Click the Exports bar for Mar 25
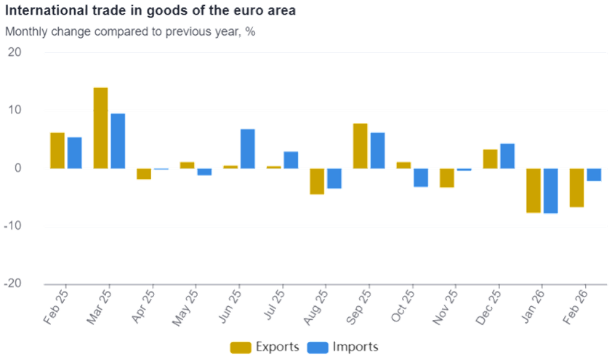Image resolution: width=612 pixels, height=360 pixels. [x=100, y=128]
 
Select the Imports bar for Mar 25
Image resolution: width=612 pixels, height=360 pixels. [x=118, y=141]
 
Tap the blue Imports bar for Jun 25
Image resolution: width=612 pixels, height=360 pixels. [x=248, y=148]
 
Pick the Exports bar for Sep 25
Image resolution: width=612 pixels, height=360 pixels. [x=360, y=145]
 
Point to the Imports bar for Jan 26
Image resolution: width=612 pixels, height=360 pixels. [x=550, y=191]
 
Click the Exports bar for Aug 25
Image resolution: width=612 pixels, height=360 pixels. [x=317, y=182]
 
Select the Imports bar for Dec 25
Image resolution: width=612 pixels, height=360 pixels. [x=507, y=156]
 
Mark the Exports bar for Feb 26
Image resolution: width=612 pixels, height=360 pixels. [x=576, y=188]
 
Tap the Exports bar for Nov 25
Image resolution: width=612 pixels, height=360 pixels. [x=446, y=178]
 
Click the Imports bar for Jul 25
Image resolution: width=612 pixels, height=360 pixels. [x=291, y=159]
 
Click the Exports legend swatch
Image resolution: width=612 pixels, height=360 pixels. [x=241, y=347]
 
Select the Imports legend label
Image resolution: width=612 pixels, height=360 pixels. [x=355, y=347]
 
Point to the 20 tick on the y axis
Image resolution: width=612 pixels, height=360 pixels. [x=16, y=53]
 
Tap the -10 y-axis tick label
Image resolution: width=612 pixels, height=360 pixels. [x=14, y=226]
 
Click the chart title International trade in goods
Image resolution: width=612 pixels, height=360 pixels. [x=150, y=12]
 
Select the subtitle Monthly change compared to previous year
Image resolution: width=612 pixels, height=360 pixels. [x=130, y=32]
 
